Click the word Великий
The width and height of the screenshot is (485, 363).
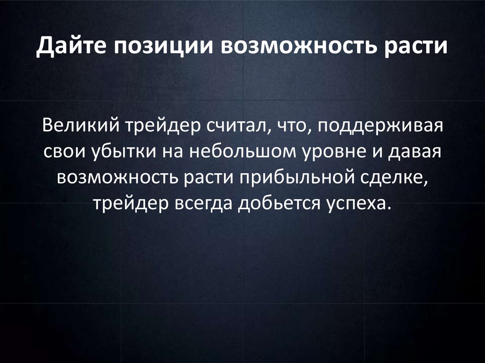point(81,127)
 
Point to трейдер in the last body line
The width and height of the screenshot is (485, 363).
point(126,204)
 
